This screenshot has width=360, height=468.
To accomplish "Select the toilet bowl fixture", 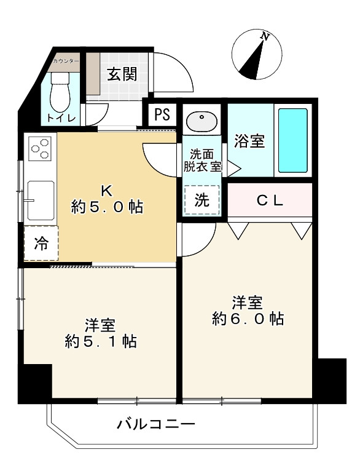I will pyautogui.click(x=61, y=92).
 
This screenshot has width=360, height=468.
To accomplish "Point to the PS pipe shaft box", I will pyautogui.click(x=162, y=115).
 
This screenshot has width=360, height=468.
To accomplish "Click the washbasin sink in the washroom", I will pyautogui.click(x=200, y=121).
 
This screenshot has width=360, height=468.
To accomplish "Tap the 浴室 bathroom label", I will pyautogui.click(x=249, y=141).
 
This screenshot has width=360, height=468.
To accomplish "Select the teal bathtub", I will pyautogui.click(x=292, y=140).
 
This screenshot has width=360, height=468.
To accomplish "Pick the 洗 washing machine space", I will pyautogui.click(x=202, y=199).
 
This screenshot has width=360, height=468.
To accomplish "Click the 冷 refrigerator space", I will pyautogui.click(x=41, y=244).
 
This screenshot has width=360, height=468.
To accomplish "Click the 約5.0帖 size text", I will pyautogui.click(x=107, y=207).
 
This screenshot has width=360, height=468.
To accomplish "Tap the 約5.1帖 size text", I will pyautogui.click(x=101, y=341).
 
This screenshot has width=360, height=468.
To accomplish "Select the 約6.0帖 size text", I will pyautogui.click(x=248, y=319).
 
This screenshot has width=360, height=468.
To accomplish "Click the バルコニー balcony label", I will pyautogui.click(x=156, y=424).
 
